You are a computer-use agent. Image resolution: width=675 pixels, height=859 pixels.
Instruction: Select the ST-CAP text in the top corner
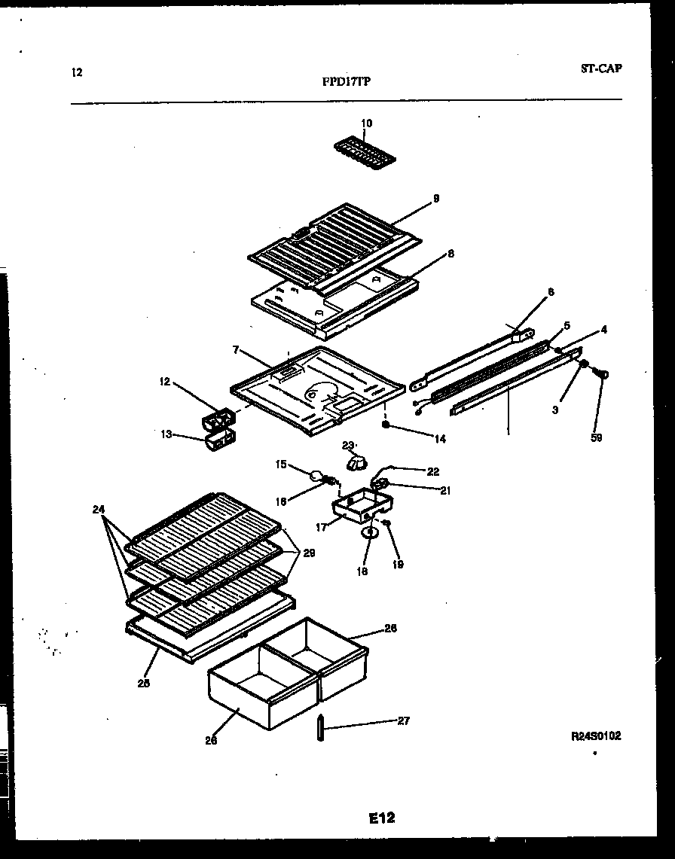601,69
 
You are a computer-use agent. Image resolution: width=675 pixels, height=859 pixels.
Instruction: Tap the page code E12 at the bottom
382,818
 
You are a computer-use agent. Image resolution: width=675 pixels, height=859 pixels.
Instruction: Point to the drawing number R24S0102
595,736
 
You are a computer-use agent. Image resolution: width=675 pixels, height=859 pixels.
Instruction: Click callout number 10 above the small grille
366,123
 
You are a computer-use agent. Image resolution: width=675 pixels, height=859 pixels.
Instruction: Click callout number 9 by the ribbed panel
435,199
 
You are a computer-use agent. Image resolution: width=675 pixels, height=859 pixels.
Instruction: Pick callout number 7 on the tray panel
236,351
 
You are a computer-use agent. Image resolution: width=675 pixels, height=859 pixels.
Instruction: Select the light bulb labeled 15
316,474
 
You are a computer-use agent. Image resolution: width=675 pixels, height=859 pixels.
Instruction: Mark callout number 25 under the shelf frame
143,684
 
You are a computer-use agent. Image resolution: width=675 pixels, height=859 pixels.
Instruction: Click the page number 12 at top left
76,73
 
